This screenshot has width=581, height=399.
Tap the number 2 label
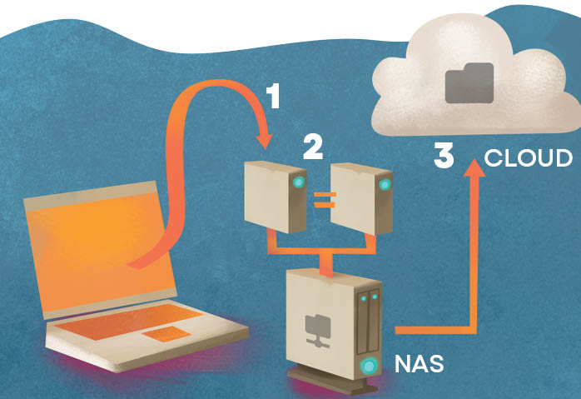pyautogui.click(x=312, y=147)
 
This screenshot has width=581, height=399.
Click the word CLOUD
pyautogui.click(x=529, y=157)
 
